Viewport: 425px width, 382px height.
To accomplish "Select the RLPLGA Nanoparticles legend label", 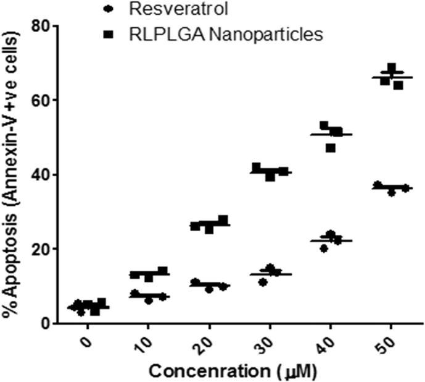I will pos(226,35).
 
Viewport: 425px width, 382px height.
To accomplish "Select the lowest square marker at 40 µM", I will pos(331,148).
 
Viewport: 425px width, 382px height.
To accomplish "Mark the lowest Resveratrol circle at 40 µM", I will pos(324,248).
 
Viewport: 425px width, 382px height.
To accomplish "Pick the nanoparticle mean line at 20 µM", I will pos(210,225).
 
